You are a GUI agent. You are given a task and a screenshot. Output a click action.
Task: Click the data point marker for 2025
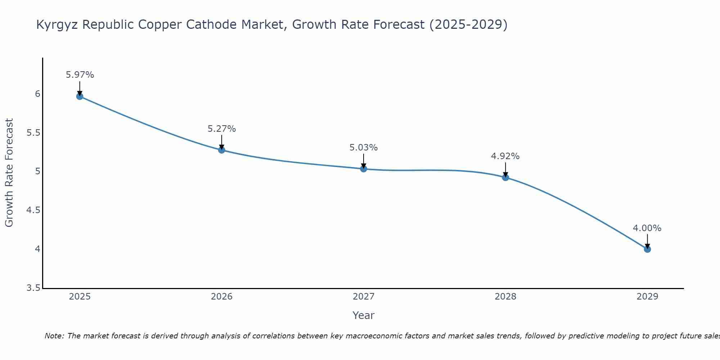coord(80,96)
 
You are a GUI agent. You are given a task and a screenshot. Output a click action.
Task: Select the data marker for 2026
coord(222,150)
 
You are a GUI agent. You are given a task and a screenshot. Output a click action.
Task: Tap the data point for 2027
coord(364,168)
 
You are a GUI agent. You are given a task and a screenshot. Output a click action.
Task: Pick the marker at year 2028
coord(505,177)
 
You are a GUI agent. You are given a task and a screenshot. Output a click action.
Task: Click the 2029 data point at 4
coord(647,249)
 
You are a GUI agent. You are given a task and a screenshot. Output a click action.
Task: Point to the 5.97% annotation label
coord(80,75)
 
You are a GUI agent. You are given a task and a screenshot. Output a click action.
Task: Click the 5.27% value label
coord(222,129)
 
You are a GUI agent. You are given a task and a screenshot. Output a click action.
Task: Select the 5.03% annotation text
coord(364,148)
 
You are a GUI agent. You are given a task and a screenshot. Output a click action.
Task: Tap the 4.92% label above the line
coord(505,156)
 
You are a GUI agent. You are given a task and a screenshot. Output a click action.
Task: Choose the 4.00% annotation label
coord(647,228)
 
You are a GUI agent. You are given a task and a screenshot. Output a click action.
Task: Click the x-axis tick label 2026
coord(222,297)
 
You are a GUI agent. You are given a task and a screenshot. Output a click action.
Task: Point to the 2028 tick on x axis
coord(505,297)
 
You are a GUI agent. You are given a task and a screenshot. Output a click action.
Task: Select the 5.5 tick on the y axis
coord(33,133)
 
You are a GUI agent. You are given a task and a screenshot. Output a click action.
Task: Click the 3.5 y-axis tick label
coord(33,288)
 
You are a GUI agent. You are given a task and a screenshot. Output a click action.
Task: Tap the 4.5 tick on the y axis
coord(33,210)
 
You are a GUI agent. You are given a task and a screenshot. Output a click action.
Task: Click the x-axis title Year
coord(364,315)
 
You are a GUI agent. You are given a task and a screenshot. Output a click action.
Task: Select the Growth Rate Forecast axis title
coord(9,173)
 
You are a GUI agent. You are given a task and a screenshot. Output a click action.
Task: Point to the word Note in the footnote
coord(54,336)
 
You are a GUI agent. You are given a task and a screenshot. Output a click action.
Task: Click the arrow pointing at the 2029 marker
coord(647,241)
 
